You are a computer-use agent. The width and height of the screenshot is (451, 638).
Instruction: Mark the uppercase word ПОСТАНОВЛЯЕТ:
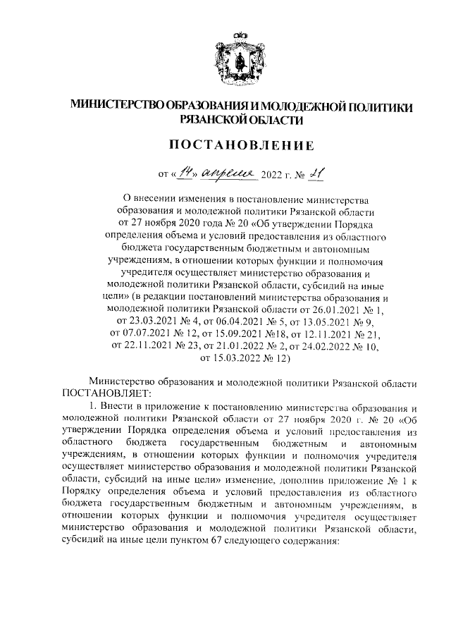pyautogui.click(x=103, y=395)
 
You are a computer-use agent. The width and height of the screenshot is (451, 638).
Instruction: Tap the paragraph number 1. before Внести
pyautogui.click(x=92, y=408)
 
